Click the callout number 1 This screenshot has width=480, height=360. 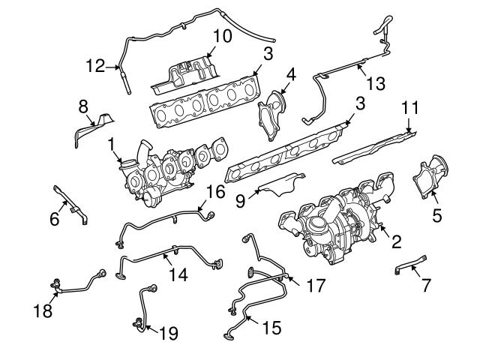[110, 142]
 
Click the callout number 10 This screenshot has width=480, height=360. [222, 35]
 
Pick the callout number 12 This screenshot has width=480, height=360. [96, 67]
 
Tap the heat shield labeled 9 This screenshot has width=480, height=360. [281, 184]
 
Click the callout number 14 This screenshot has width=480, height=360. [177, 275]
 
